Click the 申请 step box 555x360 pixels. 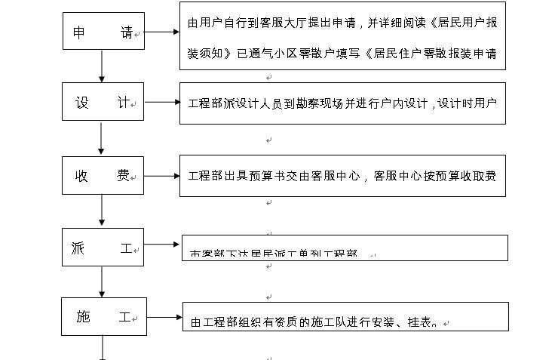(103, 32)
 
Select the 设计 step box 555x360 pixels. (103, 102)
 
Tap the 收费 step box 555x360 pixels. (103, 176)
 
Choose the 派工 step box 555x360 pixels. (103, 246)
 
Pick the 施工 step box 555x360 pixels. (103, 317)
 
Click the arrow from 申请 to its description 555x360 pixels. (161, 32)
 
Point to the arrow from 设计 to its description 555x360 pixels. (161, 102)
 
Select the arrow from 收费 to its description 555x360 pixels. (161, 176)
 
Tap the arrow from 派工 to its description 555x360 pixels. (162, 245)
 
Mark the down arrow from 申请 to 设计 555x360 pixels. (102, 69)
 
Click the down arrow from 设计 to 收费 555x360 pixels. (102, 139)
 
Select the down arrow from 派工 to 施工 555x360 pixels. (102, 281)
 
